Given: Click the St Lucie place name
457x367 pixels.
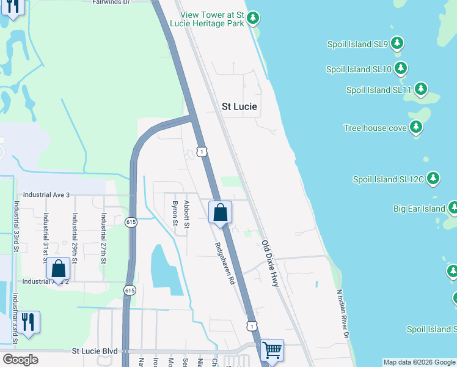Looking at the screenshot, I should (x=239, y=106).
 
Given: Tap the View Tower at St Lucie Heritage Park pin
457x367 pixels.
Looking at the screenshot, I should (x=253, y=18).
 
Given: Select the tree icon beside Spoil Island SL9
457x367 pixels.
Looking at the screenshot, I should (x=398, y=43).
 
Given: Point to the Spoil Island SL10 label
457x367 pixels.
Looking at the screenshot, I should (x=359, y=69).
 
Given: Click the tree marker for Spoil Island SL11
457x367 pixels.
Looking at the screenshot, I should (x=421, y=89).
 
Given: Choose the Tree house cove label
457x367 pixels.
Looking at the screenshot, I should (x=375, y=128).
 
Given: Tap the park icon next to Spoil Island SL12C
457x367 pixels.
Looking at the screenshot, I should (x=433, y=179).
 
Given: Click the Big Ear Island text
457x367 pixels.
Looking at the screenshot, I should (x=419, y=209).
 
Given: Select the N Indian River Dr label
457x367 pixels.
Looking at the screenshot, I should (x=342, y=313).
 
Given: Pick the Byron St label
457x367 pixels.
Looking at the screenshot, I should (x=175, y=213).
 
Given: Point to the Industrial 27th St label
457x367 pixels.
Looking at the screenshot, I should (x=104, y=238).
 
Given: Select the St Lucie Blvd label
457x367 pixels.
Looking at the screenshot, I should (x=95, y=351).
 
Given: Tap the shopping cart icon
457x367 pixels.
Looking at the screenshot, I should (x=272, y=350).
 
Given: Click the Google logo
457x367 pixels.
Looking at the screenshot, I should (x=20, y=360).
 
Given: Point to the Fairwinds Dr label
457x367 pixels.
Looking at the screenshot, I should (x=111, y=2).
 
